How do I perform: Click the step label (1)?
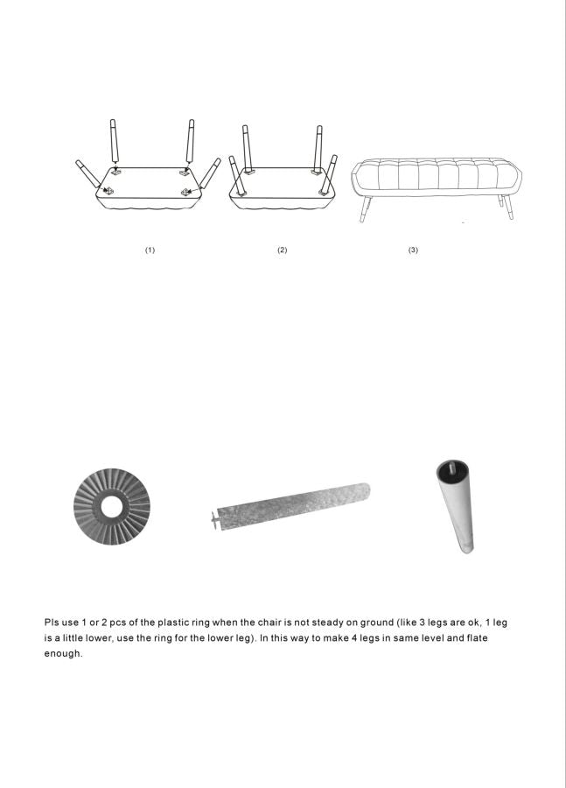coord(150,250)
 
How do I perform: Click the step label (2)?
coord(282,250)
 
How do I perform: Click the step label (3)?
coord(413,250)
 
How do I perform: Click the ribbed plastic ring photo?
coord(87,507)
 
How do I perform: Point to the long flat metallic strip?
coord(291,505)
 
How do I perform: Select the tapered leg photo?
coord(456,508)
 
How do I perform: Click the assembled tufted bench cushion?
coord(437,177)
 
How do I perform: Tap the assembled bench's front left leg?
coord(365,209)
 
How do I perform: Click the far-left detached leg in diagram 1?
coord(87,173)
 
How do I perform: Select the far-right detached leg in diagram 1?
coord(211,173)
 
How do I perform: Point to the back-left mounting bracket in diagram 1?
coord(116,172)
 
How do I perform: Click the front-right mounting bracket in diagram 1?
coord(185,192)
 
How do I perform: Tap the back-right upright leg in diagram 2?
coord(318,147)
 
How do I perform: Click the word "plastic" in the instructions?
coord(173,623)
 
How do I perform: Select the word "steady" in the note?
coord(327,623)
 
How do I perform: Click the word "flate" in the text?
coord(477,637)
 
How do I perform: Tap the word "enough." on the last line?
coord(63,654)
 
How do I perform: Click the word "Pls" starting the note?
coord(52,623)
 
